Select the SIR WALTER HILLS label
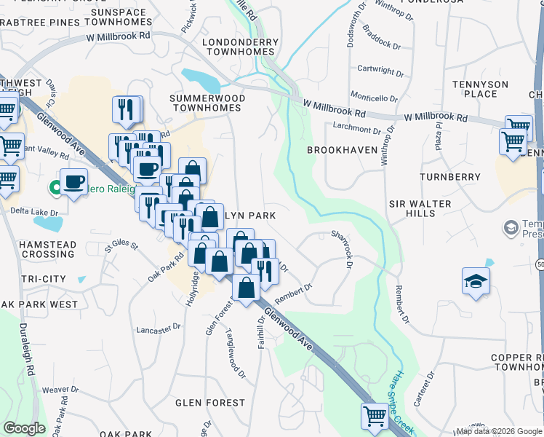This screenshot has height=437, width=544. [x=420, y=208]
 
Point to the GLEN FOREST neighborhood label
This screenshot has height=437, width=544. [x=210, y=403]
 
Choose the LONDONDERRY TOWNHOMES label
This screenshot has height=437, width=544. [x=240, y=48]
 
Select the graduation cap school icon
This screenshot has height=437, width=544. [x=476, y=282]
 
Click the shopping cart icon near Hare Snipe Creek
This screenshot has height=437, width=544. [x=374, y=416]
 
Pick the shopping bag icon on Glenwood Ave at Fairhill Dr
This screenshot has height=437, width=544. [x=247, y=287]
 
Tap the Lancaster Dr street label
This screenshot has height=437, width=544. [x=158, y=328]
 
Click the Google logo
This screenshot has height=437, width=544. [x=24, y=428]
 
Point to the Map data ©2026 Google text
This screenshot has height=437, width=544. [x=498, y=431]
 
